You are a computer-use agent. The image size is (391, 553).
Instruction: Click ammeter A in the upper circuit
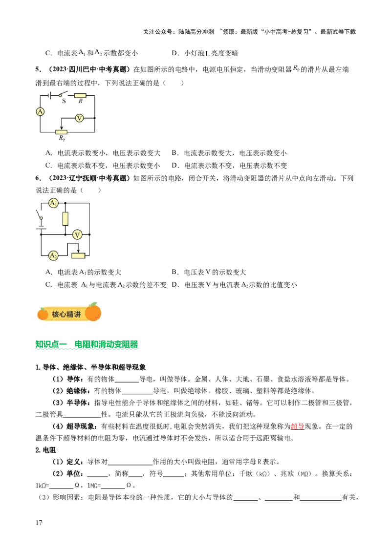click(40, 111)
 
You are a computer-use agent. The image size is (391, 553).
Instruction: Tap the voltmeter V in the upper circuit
click(79, 118)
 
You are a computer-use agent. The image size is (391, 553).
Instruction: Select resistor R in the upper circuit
click(80, 95)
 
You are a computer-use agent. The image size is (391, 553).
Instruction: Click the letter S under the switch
click(64, 101)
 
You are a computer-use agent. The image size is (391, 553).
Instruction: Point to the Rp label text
click(62, 138)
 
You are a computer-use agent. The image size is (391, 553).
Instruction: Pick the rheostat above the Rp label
click(61, 131)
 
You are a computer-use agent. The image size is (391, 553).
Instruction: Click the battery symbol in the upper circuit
click(51, 95)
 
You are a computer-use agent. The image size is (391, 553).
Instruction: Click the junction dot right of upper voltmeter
click(94, 118)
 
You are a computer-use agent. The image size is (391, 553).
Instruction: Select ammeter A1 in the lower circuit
click(53, 202)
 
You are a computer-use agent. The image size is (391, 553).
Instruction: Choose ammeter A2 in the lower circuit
click(53, 255)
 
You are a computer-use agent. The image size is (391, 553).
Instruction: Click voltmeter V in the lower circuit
click(77, 234)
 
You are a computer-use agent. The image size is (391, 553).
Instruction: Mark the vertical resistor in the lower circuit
click(65, 218)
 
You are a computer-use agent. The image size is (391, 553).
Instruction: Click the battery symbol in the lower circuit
click(41, 227)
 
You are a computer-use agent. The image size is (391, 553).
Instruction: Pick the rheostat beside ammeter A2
click(78, 255)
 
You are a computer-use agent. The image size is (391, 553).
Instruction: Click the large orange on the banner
click(93, 312)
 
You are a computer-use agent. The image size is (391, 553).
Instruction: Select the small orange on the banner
click(43, 314)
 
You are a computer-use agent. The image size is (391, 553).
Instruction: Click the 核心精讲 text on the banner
click(66, 314)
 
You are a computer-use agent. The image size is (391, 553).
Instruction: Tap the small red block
click(297, 426)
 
